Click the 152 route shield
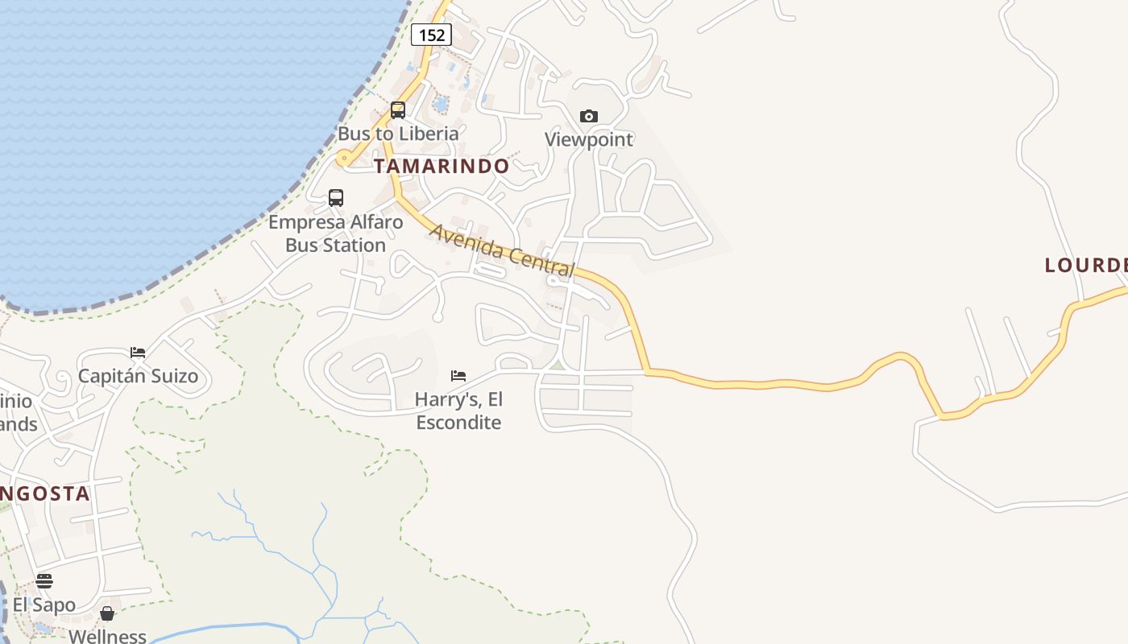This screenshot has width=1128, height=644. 431,35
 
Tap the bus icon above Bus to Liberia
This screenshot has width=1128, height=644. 398,110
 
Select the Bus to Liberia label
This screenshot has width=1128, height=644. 398,134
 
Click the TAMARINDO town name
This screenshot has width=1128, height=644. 442,167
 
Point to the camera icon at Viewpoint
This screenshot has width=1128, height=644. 589,116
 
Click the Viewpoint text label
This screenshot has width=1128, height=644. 589,139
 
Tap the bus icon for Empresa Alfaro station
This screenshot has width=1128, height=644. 336,198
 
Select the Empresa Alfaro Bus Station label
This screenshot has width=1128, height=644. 336,233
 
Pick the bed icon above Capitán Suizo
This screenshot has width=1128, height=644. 138,353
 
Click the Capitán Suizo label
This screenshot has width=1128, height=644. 138,376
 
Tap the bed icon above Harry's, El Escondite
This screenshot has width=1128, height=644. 458,376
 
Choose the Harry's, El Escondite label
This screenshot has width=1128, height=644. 458,411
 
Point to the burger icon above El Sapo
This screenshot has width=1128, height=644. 44,581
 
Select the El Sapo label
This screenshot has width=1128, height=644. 44,605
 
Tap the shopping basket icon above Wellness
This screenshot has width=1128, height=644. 107,614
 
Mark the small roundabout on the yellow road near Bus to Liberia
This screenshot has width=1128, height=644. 345,159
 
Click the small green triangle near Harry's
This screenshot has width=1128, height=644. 557,365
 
